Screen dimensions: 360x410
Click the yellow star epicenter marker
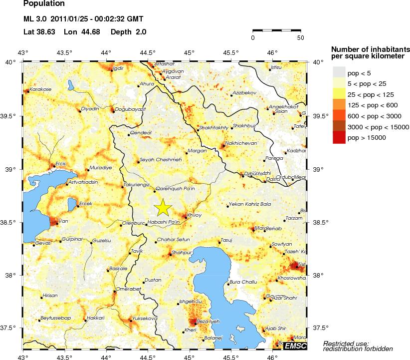pos(163,207)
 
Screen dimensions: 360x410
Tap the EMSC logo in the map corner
pos(295,346)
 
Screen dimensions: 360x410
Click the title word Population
pos(44,4)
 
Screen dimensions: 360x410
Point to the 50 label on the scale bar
pos(300,38)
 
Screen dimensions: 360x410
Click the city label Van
pos(63,221)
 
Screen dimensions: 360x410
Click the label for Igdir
pos(118,68)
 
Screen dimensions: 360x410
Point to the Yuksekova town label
pos(145,318)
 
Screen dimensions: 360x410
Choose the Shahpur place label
pos(181,253)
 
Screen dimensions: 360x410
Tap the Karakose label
pos(40,89)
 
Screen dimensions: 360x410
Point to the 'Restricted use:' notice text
pos(346,343)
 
